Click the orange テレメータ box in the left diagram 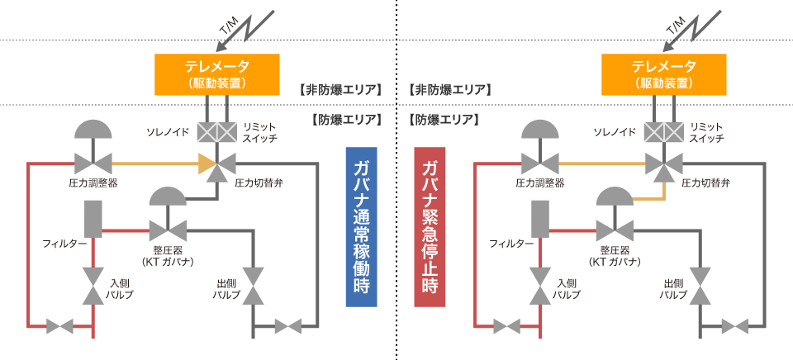[217, 74]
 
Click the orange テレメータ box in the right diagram [663, 74]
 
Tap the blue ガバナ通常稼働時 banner [361, 227]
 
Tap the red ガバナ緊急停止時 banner [430, 227]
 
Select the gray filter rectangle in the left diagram [93, 219]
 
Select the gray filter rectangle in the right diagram [540, 219]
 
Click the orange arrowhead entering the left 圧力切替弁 [206, 163]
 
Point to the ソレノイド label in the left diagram [168, 132]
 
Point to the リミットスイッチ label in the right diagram [707, 132]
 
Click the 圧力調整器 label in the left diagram [93, 183]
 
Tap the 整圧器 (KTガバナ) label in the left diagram [168, 255]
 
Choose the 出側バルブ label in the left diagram [226, 289]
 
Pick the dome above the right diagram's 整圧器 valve [615, 197]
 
